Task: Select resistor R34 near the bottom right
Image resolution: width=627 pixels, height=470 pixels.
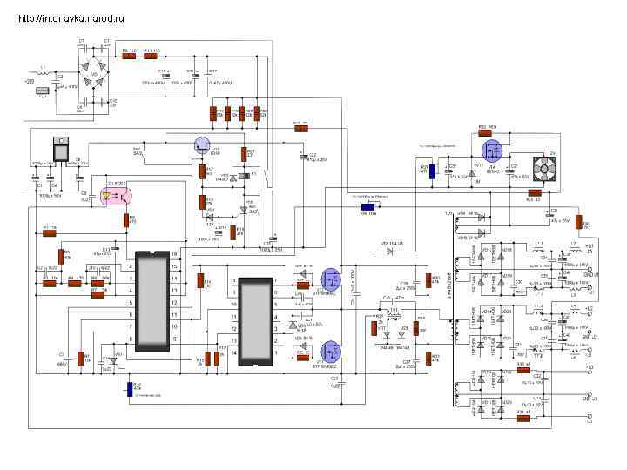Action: click(x=523, y=418)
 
